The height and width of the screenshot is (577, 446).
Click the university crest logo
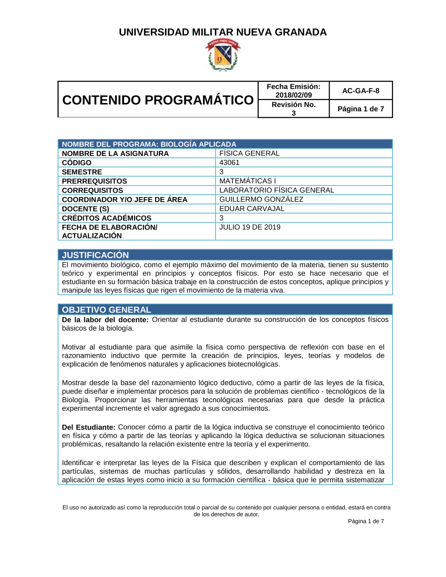click(x=223, y=55)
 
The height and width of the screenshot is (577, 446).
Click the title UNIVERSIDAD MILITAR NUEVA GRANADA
click(x=223, y=32)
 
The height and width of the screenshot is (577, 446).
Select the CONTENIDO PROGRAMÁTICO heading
click(x=158, y=100)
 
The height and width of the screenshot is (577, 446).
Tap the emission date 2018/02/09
click(x=293, y=95)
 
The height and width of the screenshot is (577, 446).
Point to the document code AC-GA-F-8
click(x=361, y=91)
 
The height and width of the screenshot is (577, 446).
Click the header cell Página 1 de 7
click(x=361, y=109)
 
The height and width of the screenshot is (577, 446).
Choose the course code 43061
click(x=229, y=163)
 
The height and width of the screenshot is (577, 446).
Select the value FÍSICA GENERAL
click(x=249, y=153)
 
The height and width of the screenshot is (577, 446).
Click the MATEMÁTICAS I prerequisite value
click(x=248, y=181)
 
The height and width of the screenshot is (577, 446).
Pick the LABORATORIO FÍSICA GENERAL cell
click(x=277, y=190)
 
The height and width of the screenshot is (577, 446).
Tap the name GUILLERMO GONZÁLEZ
click(x=261, y=199)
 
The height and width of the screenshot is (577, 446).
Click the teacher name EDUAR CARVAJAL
click(x=252, y=209)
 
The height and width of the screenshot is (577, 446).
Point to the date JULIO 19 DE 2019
click(x=250, y=227)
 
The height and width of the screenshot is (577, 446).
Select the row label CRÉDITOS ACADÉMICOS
click(x=107, y=218)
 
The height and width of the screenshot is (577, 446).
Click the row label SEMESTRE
click(x=82, y=172)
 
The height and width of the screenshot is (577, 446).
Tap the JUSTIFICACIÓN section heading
click(x=95, y=255)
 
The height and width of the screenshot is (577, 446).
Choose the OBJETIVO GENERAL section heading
click(x=107, y=310)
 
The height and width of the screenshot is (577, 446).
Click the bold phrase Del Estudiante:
click(x=89, y=427)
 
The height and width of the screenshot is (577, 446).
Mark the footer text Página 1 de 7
click(x=366, y=521)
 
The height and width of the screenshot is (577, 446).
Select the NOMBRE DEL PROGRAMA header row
click(x=149, y=144)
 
